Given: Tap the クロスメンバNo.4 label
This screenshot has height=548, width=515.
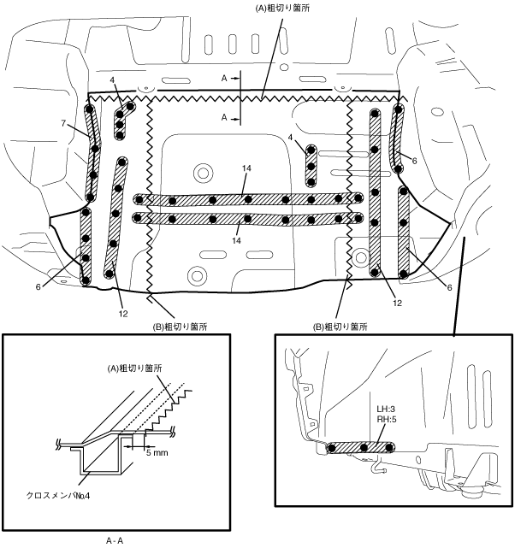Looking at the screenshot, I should click(65, 495).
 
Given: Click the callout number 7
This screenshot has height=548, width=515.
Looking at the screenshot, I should click(63, 123).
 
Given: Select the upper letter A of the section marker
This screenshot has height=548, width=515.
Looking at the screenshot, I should click(223, 77).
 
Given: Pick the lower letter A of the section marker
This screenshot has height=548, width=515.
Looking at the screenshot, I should click(223, 116).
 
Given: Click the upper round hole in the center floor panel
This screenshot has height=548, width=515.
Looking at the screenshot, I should click(203, 172).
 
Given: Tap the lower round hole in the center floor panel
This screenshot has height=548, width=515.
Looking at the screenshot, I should click(198, 274).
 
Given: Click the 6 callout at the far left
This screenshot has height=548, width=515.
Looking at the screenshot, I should click(38, 287).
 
